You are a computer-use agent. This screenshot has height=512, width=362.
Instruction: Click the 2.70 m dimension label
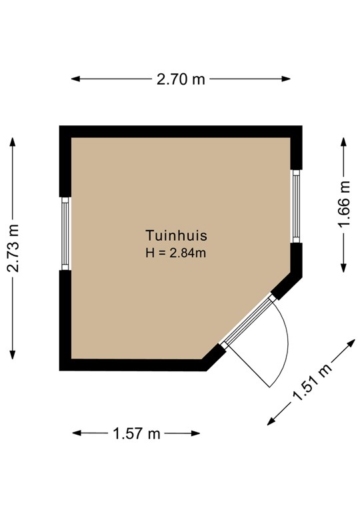tap(181, 79)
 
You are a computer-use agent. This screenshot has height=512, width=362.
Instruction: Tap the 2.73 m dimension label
tap(14, 249)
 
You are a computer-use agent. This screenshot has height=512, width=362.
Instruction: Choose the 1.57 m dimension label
tap(137, 433)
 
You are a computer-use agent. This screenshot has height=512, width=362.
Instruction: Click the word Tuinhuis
tap(176, 235)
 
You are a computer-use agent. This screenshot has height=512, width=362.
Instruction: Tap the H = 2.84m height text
tap(175, 253)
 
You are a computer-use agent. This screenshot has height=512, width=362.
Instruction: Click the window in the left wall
tap(65, 233)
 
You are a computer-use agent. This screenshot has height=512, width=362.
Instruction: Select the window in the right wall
tap(296, 207)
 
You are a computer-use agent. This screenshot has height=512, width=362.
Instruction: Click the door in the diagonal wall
tap(247, 321)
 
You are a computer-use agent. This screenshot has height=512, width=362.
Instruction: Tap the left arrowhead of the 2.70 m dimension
tap(75, 79)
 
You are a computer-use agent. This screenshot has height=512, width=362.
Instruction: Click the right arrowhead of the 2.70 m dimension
tap(286, 79)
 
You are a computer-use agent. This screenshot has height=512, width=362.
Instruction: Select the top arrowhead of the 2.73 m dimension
tap(13, 142)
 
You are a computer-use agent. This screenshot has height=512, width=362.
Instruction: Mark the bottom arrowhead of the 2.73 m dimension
tap(13, 355)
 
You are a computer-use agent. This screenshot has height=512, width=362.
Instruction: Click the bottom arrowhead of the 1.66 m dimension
tap(343, 268)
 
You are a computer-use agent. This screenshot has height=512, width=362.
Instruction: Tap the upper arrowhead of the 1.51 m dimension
tap(351, 343)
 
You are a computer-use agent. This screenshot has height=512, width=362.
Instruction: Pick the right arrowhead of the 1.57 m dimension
tap(195, 433)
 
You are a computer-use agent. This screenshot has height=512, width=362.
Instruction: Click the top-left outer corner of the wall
tap(59, 126)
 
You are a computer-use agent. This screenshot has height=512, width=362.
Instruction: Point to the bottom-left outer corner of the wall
tap(59, 371)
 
